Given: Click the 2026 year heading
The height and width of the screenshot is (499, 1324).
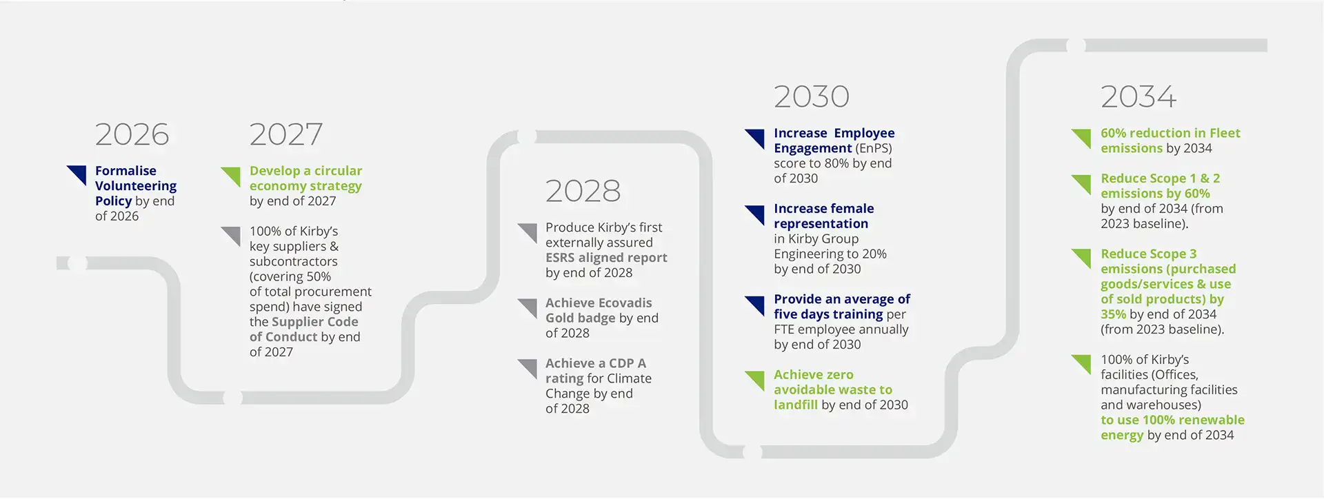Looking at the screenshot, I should (x=132, y=134).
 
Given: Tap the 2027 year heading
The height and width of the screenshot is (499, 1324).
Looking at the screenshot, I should (x=285, y=134).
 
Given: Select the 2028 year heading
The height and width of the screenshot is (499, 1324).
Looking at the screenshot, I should (x=583, y=191).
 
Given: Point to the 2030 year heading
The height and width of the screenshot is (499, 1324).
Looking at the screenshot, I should (x=811, y=96).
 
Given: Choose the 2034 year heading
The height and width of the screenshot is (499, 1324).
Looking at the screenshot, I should (x=1139, y=96).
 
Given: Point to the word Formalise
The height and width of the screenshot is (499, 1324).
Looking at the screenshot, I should (x=126, y=170).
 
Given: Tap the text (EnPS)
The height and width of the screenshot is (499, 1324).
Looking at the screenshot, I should (x=874, y=148).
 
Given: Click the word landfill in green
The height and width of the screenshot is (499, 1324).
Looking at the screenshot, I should (x=795, y=405).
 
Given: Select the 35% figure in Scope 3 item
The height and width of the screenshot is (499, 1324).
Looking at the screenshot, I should (x=1113, y=314).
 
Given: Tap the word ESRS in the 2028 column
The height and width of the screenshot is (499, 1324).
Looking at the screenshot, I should (x=560, y=258).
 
